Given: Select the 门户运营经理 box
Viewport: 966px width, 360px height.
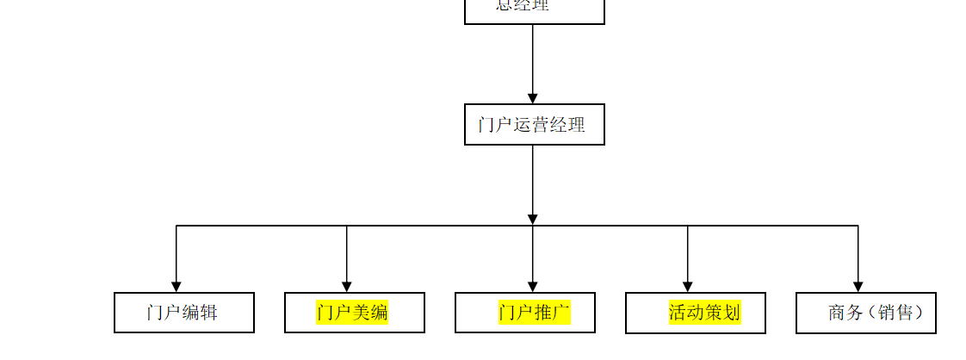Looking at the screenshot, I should tap(534, 125).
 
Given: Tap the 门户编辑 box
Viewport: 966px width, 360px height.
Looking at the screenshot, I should tap(183, 313).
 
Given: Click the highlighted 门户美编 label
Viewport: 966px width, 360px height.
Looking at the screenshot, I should tap(352, 313).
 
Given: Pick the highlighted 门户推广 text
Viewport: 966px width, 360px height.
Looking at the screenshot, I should tap(534, 313).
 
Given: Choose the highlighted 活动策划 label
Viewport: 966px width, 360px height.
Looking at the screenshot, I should tap(704, 313).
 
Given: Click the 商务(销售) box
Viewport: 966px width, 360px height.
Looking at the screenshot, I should tap(865, 313).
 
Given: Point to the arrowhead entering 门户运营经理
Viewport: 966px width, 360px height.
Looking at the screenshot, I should tap(533, 98).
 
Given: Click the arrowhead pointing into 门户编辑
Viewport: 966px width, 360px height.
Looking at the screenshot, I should tap(176, 286).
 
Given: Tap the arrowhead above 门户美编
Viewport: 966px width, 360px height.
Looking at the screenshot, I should tap(347, 286).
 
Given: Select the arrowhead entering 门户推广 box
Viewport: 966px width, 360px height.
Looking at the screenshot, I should tap(533, 286).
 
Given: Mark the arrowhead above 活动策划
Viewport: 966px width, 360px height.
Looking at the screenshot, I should tap(688, 286).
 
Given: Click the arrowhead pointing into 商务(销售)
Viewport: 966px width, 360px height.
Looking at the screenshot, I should tap(858, 286).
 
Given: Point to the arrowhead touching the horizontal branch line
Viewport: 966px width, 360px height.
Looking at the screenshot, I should tap(533, 220).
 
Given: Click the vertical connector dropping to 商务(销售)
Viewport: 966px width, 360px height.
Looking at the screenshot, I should tap(858, 254).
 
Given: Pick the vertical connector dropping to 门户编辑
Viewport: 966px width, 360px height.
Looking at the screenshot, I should tap(176, 254).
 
